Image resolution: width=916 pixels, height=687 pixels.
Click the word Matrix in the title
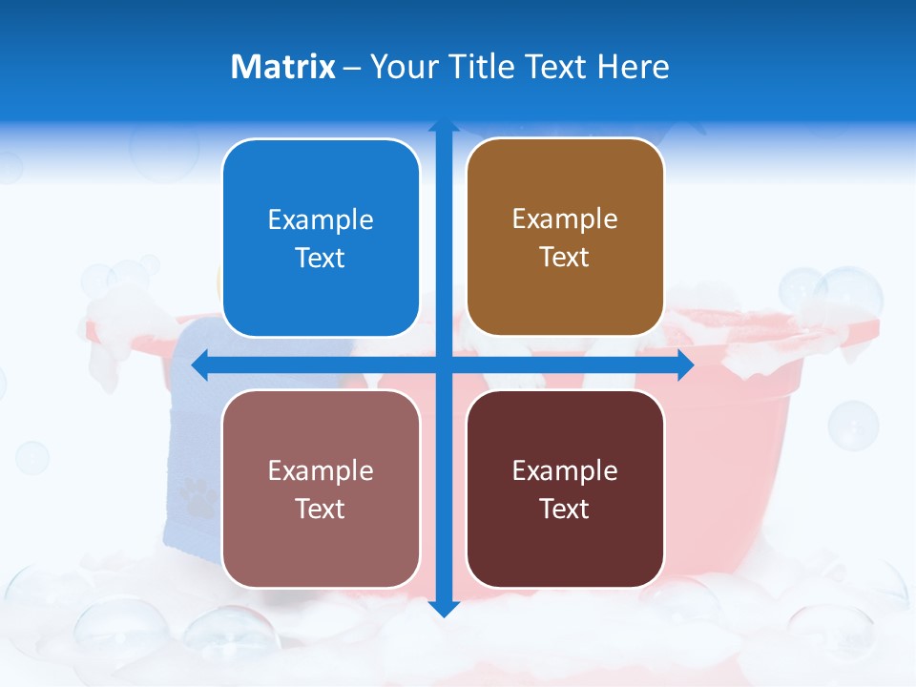[282, 67]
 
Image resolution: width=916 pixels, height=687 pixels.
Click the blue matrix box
[321, 238]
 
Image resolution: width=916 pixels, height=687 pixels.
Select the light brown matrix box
[565, 238]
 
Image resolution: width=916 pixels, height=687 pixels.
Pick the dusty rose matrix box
[321, 489]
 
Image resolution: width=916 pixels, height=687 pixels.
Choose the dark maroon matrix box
[565, 489]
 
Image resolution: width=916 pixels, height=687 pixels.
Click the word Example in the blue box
[321, 219]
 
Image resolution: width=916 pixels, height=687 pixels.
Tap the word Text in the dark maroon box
[565, 509]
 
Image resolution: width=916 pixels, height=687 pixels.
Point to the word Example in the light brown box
[565, 219]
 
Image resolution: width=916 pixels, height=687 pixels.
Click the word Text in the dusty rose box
[321, 509]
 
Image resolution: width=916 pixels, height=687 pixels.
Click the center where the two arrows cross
[443, 364]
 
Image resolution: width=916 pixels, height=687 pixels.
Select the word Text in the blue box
[321, 259]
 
